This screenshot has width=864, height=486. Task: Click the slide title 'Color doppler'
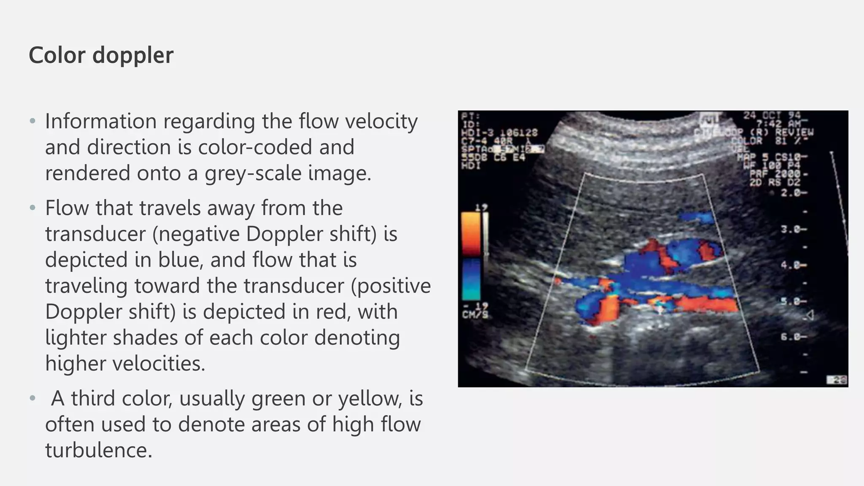(x=101, y=55)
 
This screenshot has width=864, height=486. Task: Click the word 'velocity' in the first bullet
(x=381, y=121)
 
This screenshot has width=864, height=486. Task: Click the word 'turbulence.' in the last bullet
(x=99, y=450)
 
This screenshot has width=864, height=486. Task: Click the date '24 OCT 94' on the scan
(x=772, y=115)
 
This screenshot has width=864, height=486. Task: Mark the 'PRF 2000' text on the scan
(x=778, y=174)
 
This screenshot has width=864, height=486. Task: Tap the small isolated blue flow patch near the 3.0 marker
(x=697, y=218)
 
